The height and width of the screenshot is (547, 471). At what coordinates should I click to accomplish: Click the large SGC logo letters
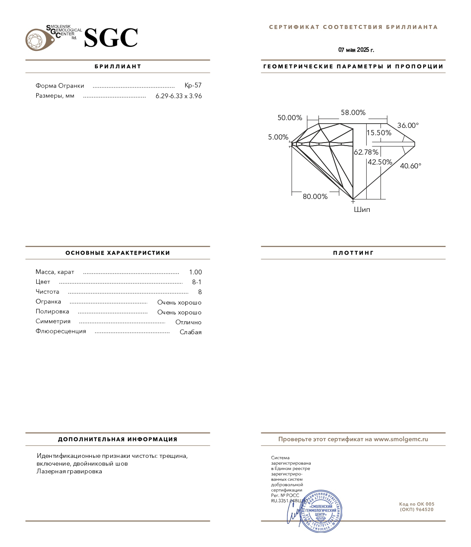point(111,38)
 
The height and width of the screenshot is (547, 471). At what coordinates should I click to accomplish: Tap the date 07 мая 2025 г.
point(356,50)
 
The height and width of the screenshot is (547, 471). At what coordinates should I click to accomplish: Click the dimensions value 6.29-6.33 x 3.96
point(178,96)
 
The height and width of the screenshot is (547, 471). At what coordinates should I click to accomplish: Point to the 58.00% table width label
point(353,112)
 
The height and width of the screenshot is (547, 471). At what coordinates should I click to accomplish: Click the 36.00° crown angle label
point(408,125)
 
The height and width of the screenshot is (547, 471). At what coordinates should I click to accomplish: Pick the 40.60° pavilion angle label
point(410,166)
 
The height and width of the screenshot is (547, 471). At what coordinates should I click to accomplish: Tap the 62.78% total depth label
point(366,152)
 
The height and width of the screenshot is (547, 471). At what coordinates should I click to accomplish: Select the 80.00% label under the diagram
point(315,196)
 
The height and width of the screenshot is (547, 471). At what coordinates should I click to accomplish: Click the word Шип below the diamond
point(362,210)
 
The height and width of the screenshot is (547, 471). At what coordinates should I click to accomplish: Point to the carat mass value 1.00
point(195,272)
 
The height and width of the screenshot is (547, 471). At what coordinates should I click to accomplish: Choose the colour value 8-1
point(197,282)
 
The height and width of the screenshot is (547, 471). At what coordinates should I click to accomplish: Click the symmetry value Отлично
point(188,322)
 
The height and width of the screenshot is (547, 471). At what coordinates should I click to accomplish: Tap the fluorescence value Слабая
point(190,332)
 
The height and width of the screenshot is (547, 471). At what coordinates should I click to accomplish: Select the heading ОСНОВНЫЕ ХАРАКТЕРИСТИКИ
point(118,253)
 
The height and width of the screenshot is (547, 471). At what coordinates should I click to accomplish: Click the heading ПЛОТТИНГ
point(353,253)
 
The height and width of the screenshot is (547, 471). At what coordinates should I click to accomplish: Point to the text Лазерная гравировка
point(69,471)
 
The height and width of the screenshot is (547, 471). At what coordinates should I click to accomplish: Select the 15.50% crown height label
point(379,133)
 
